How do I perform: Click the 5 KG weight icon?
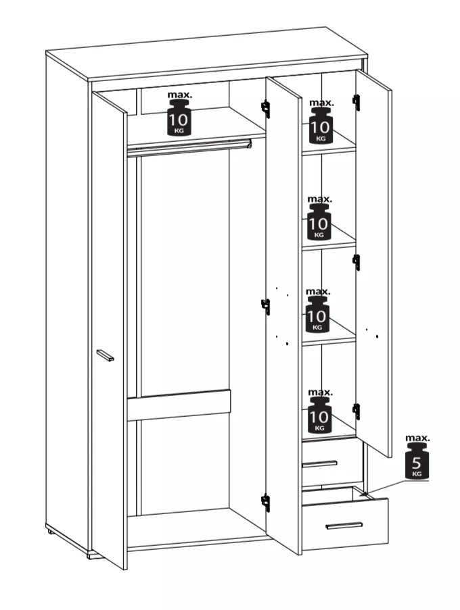click(417, 461)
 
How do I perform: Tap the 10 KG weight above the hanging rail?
click(179, 118)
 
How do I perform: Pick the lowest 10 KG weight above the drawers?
click(319, 415)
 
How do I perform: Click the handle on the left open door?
click(105, 355)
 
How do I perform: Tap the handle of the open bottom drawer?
click(344, 526)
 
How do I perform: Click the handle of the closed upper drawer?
click(319, 463)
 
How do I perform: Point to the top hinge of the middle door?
click(266, 109)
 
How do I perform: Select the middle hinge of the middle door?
click(266, 307)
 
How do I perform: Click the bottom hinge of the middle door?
click(266, 503)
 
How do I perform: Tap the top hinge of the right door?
click(356, 102)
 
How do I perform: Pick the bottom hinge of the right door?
click(356, 411)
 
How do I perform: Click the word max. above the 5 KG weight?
click(417, 438)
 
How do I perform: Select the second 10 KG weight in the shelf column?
click(319, 222)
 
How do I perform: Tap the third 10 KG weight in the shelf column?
click(317, 314)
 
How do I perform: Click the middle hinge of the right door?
click(356, 262)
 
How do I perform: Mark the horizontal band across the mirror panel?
click(179, 405)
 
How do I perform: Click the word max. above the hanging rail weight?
click(180, 95)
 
